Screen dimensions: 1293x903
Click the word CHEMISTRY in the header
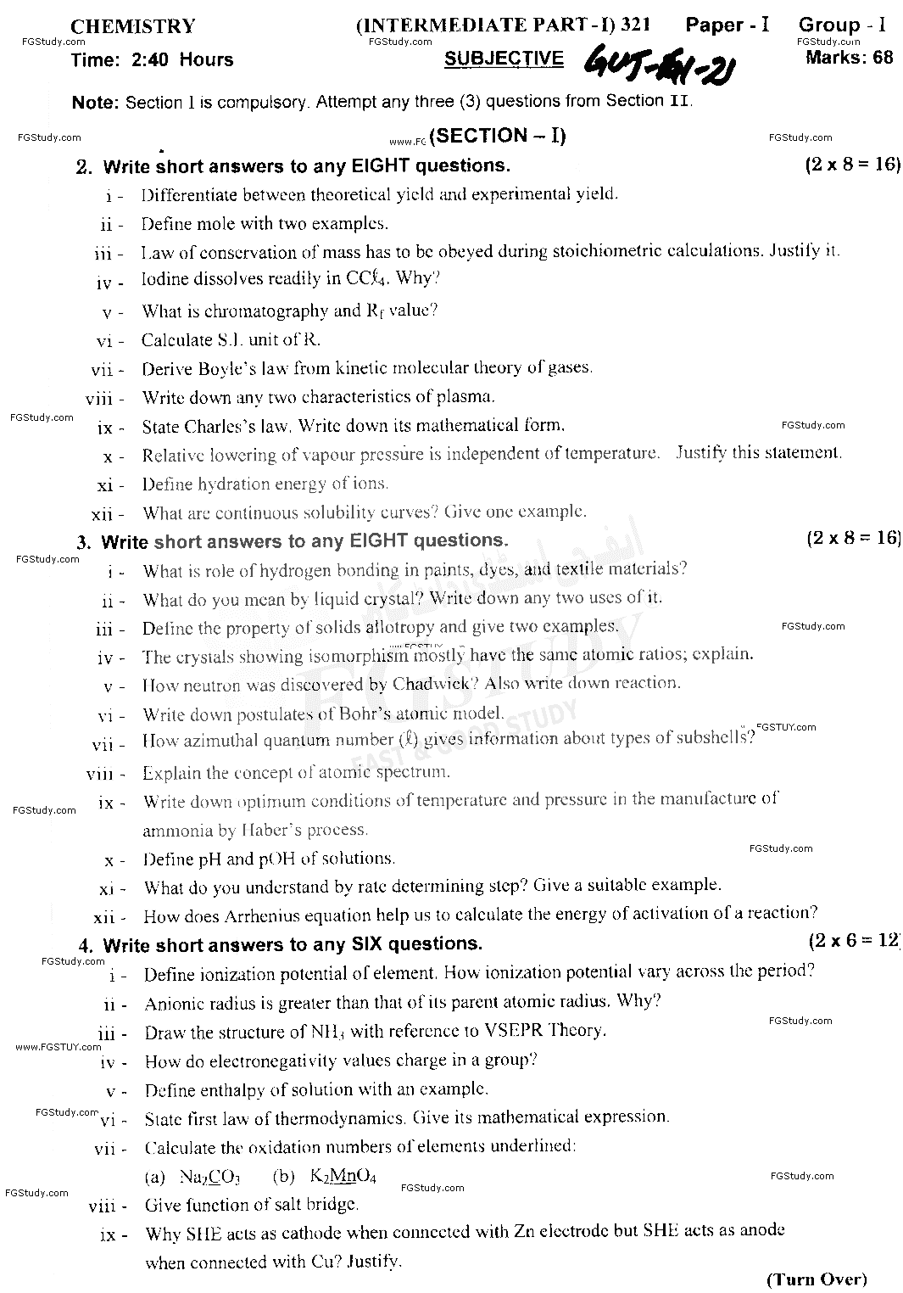[132, 27]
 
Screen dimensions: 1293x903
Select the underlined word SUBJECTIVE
[504, 58]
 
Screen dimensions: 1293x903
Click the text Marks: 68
[849, 58]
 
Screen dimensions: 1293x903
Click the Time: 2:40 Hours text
[153, 59]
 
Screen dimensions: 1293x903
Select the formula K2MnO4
[343, 1177]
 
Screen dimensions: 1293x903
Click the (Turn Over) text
[817, 1279]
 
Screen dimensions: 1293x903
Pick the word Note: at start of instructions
[95, 103]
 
